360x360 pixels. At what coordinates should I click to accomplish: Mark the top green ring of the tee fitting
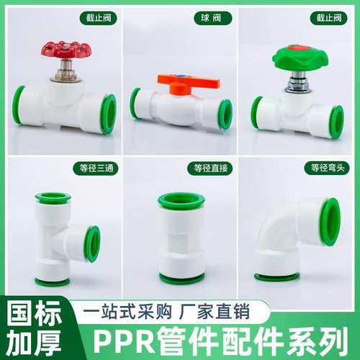pos(53,197)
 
